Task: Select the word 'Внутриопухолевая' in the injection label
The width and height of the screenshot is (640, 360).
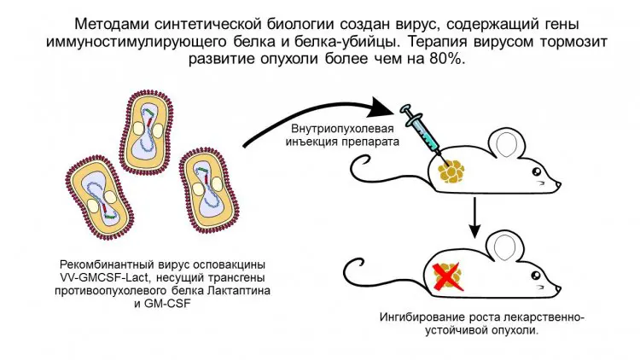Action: [x=336, y=129]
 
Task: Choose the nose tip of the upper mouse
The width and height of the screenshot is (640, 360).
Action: [x=561, y=185]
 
